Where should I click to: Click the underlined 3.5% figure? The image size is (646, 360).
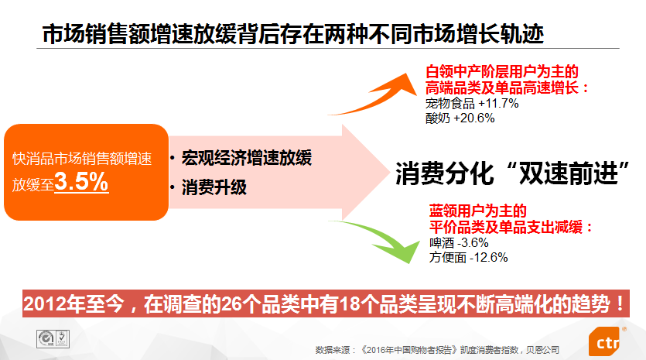pos(81,181)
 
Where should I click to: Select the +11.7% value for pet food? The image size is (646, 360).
pos(498,103)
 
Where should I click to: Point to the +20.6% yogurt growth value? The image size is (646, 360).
pos(473,118)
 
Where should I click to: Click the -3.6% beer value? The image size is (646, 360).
pos(473,242)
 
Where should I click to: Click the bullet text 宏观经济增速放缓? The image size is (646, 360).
pos(247,158)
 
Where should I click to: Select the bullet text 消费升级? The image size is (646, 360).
pos(214,187)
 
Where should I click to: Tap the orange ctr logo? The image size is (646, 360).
pos(605,341)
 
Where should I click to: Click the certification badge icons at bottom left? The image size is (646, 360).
pos(53,339)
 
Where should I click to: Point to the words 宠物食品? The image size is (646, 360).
pos(450,103)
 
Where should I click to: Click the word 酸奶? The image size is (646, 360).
pos(438,118)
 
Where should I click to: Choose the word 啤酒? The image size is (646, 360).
pos(442,242)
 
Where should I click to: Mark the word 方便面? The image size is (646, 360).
pos(448,257)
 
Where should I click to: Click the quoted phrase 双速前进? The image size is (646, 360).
pos(569,173)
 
